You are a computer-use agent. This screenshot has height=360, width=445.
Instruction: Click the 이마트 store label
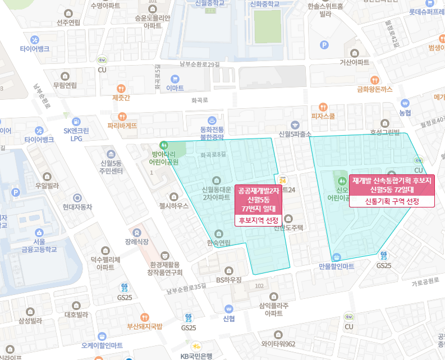click(x=175, y=88)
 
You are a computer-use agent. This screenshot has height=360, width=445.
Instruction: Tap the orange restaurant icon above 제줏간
click(x=121, y=88)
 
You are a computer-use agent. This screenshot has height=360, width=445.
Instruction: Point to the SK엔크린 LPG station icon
click(x=76, y=122)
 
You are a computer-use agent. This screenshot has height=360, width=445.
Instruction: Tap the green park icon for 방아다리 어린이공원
click(x=164, y=144)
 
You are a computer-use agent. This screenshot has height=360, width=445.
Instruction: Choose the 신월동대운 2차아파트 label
click(x=216, y=193)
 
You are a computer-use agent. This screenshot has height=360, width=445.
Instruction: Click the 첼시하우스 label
click(x=173, y=206)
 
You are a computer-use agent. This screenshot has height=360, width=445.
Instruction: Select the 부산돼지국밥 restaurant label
click(x=144, y=326)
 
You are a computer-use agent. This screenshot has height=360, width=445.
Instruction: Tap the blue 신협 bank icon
click(x=228, y=308)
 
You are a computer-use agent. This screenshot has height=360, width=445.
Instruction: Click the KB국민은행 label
click(x=196, y=356)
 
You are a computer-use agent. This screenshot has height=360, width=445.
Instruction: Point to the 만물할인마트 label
click(x=336, y=266)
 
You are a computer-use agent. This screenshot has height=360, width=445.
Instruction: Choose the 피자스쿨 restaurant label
click(x=323, y=116)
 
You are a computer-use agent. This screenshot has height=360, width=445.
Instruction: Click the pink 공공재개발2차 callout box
click(x=259, y=199)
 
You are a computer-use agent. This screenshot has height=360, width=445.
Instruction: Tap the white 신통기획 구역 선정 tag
click(x=392, y=201)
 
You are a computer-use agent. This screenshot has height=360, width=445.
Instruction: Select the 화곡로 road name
click(x=199, y=100)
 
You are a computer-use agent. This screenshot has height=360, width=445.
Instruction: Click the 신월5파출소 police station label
click(x=295, y=134)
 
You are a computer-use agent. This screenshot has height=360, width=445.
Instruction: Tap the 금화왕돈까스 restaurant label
click(x=374, y=89)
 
